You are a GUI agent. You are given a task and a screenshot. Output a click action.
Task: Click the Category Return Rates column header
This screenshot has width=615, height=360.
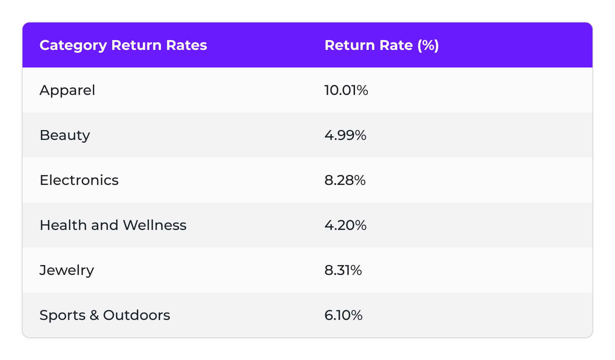pos(123,45)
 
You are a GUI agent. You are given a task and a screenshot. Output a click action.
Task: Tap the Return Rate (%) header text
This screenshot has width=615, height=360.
pos(381,45)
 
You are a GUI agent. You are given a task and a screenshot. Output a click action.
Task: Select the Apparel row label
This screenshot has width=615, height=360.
pos(67,90)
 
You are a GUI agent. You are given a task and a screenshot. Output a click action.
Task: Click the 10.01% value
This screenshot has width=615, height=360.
pos(346,90)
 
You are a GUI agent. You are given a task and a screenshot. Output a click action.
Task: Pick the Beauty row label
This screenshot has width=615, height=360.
pos(65,135)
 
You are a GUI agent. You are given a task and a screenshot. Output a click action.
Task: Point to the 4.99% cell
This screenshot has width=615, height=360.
pos(345,135)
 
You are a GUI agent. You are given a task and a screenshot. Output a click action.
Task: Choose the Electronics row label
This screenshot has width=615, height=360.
pos(79,180)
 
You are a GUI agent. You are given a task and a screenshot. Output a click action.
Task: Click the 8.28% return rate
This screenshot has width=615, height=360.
pos(345,180)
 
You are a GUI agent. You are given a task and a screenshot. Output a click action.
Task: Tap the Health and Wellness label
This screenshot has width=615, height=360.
pos(113,225)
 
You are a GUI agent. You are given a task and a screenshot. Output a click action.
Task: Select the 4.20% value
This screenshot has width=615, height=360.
pos(345,225)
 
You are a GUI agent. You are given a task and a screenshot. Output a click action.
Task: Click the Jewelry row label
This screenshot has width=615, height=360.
pos(66,270)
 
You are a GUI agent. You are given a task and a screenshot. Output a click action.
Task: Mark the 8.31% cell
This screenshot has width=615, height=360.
pos(343,270)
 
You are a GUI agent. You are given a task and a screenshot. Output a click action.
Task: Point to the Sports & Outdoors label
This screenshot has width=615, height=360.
pos(104,315)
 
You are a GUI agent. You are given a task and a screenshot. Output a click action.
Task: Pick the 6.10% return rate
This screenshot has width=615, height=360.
pos(343,315)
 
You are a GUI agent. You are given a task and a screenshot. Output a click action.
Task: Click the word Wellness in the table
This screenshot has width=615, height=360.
pos(154,225)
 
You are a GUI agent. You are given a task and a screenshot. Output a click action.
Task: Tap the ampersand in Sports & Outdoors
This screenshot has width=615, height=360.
pos(94,315)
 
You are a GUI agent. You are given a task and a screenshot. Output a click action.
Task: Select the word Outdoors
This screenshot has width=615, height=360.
pos(137,315)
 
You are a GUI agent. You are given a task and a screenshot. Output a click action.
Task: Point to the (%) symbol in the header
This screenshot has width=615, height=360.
pos(428,45)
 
